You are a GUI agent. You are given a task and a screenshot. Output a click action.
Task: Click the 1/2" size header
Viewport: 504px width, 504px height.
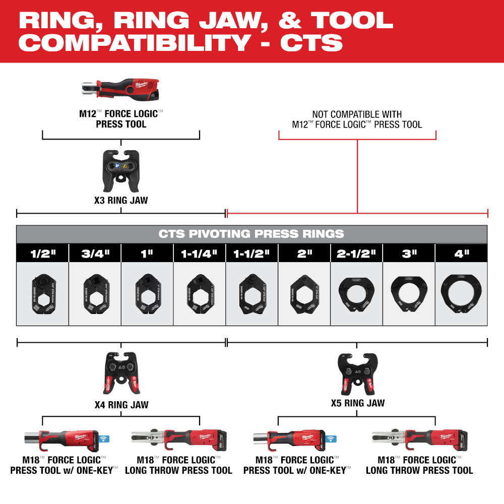pyautogui.click(x=42, y=253)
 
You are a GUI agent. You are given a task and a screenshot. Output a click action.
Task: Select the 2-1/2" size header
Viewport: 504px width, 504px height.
pyautogui.click(x=356, y=253)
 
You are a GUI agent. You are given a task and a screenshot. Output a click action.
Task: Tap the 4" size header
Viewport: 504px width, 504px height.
pyautogui.click(x=461, y=253)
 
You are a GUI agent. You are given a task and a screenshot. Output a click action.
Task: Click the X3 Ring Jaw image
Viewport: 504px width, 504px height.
pyautogui.click(x=121, y=170)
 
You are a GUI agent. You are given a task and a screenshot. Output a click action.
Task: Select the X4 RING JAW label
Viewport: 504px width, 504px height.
pyautogui.click(x=121, y=404)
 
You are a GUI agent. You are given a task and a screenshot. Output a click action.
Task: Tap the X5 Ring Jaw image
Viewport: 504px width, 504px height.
pyautogui.click(x=357, y=374)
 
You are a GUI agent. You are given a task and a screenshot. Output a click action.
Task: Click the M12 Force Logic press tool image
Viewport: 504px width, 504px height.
pyautogui.click(x=121, y=89)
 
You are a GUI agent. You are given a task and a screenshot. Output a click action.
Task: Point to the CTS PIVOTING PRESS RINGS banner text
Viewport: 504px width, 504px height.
pyautogui.click(x=251, y=234)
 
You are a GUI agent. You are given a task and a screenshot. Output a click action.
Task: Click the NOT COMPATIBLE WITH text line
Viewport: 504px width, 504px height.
pyautogui.click(x=357, y=114)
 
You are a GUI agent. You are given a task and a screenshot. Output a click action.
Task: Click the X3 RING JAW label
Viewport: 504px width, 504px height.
pyautogui.click(x=121, y=200)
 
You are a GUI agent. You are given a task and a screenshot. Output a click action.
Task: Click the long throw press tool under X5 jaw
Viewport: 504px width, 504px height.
pyautogui.click(x=418, y=440)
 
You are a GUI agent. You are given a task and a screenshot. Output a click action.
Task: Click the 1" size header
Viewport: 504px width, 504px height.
pyautogui.click(x=147, y=253)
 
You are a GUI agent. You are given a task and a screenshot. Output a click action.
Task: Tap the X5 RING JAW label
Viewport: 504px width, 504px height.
pyautogui.click(x=357, y=403)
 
